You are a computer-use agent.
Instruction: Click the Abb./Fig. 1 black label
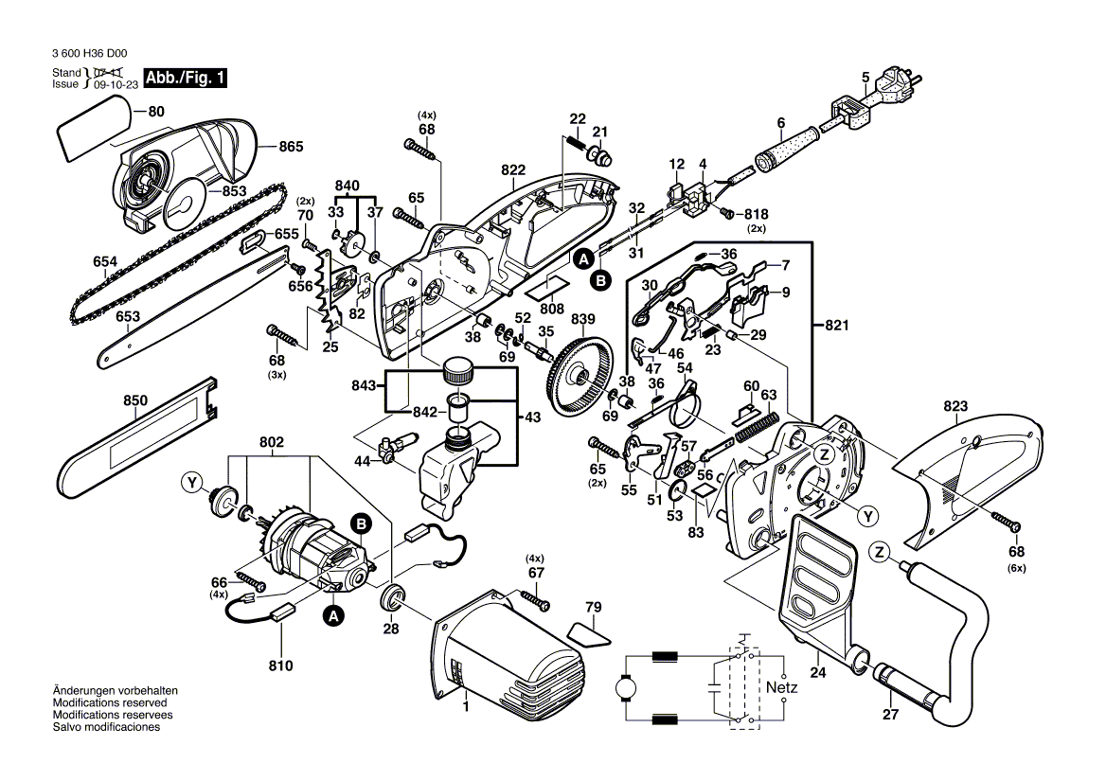(x=184, y=79)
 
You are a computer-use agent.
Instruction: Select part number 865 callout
(x=291, y=148)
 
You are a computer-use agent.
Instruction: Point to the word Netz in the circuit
(x=782, y=685)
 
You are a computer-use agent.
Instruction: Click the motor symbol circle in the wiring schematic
(x=626, y=685)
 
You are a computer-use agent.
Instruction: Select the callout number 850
(x=135, y=400)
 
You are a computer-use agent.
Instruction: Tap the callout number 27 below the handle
(x=889, y=715)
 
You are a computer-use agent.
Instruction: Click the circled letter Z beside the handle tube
(x=879, y=551)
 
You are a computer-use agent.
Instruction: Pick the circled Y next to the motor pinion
(x=193, y=485)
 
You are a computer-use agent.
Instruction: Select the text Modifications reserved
(x=110, y=703)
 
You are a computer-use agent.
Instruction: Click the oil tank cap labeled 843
(x=458, y=369)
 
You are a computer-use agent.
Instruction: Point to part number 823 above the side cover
(x=955, y=407)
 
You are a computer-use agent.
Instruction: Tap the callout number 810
(x=280, y=666)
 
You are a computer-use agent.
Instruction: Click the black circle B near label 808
(x=599, y=279)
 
